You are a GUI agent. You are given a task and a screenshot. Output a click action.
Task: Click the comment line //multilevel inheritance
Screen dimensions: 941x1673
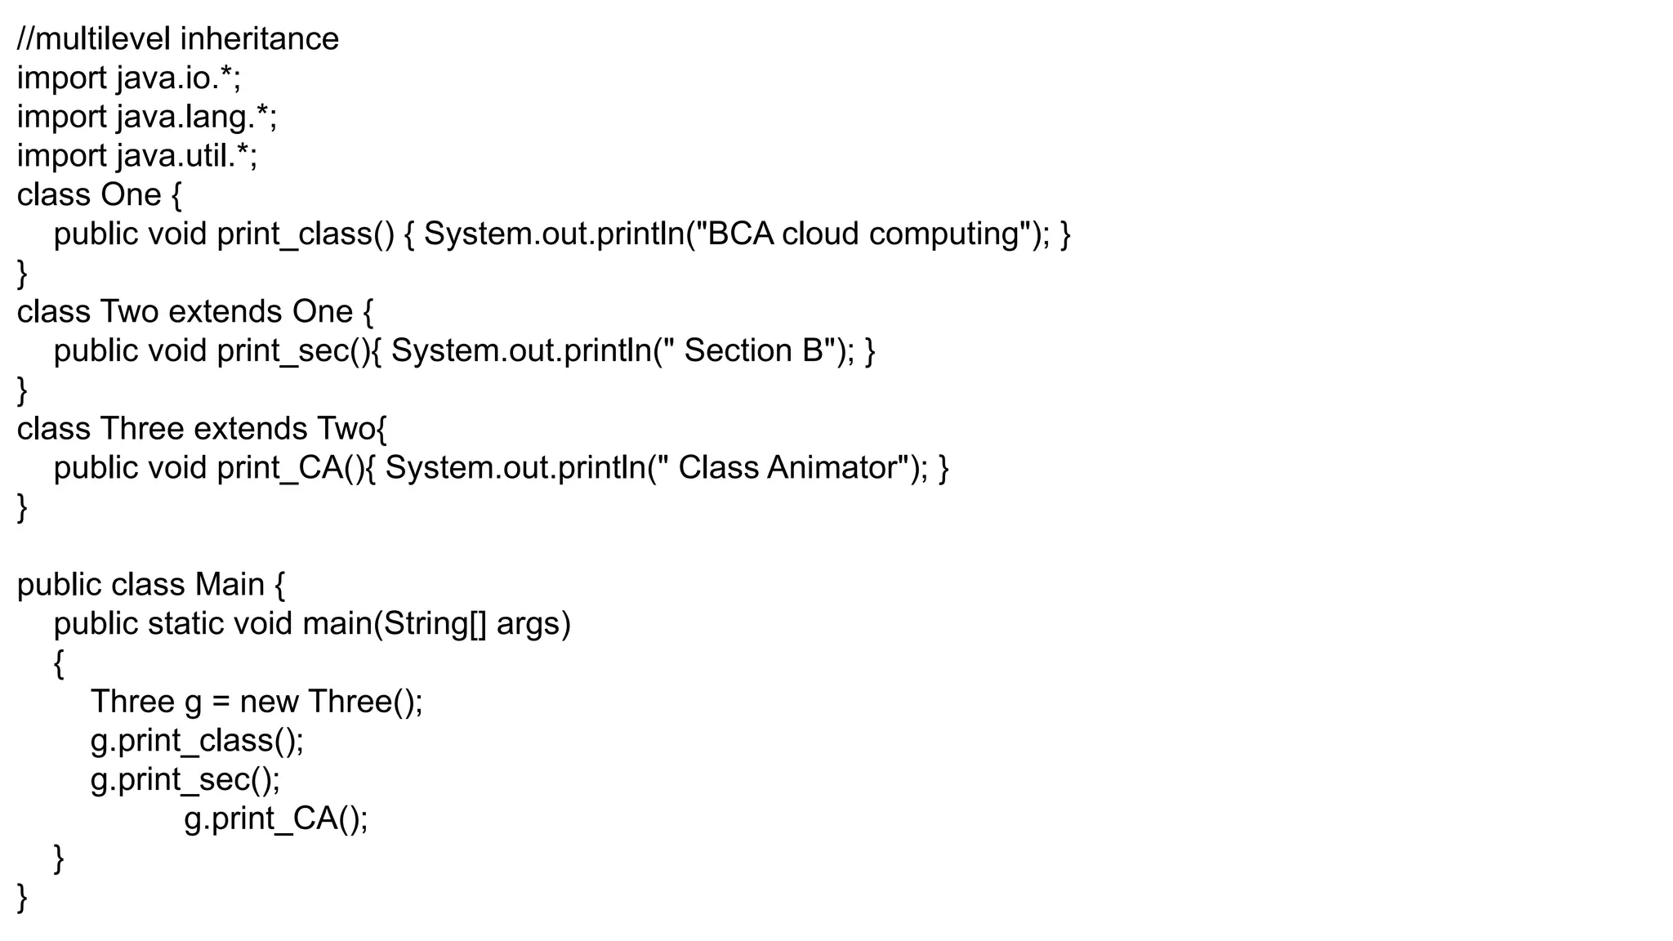click(x=177, y=39)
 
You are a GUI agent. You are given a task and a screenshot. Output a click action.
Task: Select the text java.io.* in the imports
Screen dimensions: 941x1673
click(x=177, y=78)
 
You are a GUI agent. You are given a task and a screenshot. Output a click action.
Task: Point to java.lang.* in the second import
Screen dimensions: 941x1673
click(x=196, y=118)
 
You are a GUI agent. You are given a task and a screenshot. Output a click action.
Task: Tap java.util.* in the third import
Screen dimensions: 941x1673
click(x=186, y=156)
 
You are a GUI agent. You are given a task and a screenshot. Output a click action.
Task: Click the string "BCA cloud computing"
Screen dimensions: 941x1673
click(x=863, y=234)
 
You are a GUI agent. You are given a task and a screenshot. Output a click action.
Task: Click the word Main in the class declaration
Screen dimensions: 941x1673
click(x=230, y=585)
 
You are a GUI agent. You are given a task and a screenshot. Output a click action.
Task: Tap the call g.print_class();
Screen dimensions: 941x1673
click(x=197, y=741)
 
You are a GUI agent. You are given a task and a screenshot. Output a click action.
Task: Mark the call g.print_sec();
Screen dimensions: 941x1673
click(x=185, y=780)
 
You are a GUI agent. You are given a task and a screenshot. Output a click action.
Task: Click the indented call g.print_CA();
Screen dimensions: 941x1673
click(x=276, y=818)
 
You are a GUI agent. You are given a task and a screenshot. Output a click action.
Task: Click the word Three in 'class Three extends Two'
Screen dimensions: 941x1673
click(x=142, y=429)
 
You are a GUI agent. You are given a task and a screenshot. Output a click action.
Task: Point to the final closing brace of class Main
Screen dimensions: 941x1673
click(x=22, y=898)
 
